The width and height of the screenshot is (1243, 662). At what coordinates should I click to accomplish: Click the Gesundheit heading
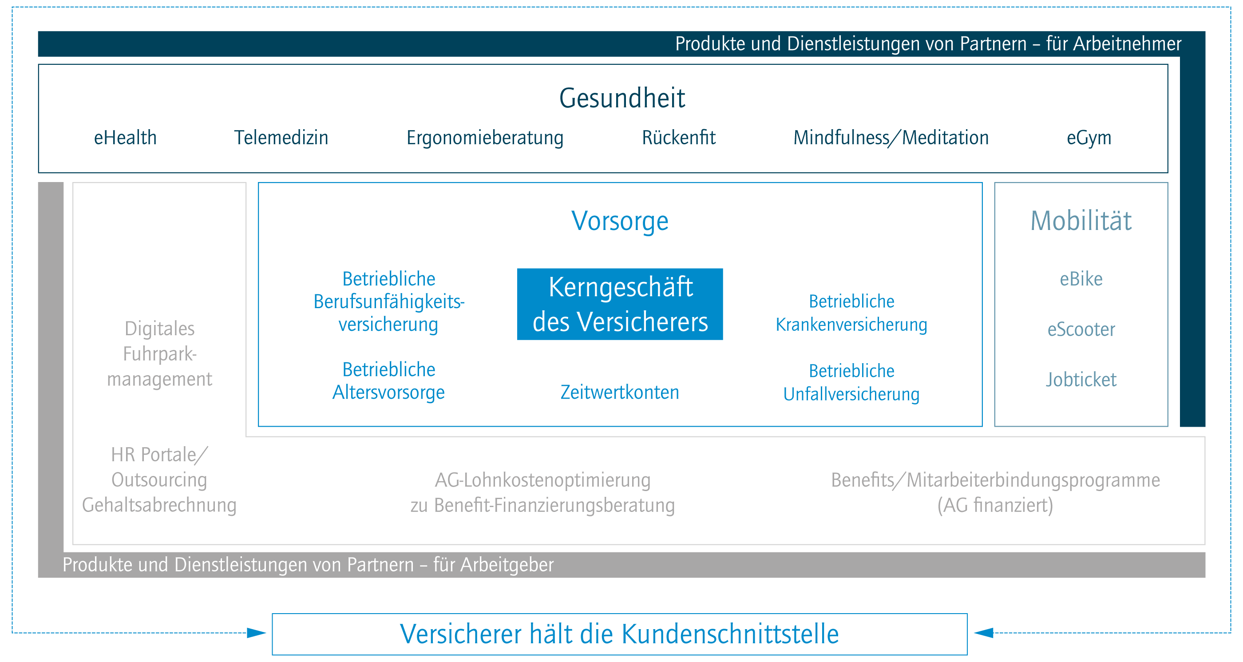[621, 99]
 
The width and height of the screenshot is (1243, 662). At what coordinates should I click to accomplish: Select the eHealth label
[126, 138]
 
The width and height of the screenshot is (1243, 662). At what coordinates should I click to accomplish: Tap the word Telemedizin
[281, 138]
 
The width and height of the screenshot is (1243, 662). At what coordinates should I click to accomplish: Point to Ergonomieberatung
[485, 139]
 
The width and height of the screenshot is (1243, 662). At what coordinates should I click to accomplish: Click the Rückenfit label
[678, 138]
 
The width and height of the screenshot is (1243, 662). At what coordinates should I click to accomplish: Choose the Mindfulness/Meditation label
[891, 138]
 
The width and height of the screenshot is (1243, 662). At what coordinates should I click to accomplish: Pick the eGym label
[1089, 139]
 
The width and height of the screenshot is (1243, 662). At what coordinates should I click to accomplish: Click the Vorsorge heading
[620, 222]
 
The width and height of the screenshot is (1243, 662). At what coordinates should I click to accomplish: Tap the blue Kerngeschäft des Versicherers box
[620, 304]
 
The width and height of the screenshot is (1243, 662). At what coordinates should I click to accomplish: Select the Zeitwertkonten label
[620, 392]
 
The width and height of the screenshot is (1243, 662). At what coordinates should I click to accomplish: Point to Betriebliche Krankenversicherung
[851, 313]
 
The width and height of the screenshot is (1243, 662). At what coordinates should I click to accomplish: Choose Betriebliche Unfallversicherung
[851, 383]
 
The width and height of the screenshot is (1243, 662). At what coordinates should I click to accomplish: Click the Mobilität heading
[1081, 221]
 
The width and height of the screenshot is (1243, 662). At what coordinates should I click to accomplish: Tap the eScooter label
[1081, 329]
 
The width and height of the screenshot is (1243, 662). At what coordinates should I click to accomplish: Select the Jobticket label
[1081, 380]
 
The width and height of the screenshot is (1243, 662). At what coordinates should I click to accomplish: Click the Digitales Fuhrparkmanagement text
[160, 354]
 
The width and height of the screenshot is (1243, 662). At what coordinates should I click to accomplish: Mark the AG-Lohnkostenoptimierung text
[543, 480]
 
